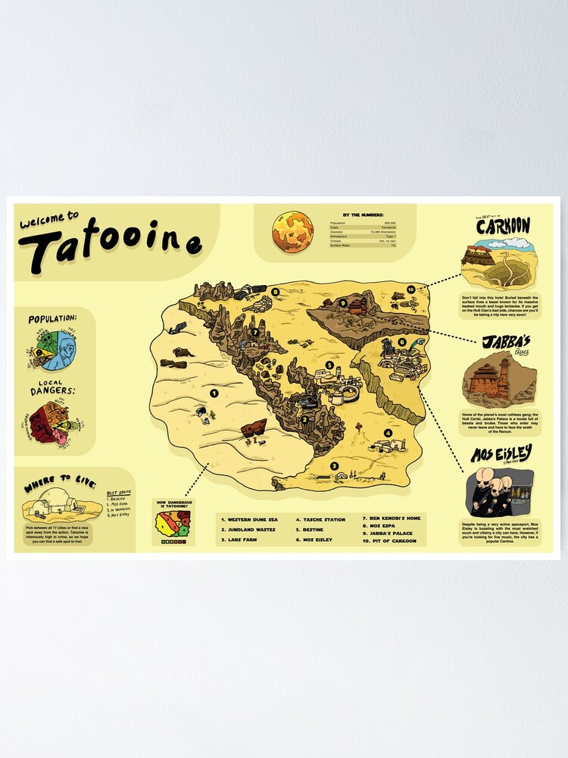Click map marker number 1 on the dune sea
(214, 393)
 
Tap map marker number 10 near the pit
(410, 289)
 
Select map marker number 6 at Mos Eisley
(402, 342)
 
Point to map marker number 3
(334, 465)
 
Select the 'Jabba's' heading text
(501, 343)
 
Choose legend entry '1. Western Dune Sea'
(250, 520)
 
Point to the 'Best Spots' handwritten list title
(117, 492)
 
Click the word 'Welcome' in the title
(48, 219)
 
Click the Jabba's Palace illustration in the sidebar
(498, 378)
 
